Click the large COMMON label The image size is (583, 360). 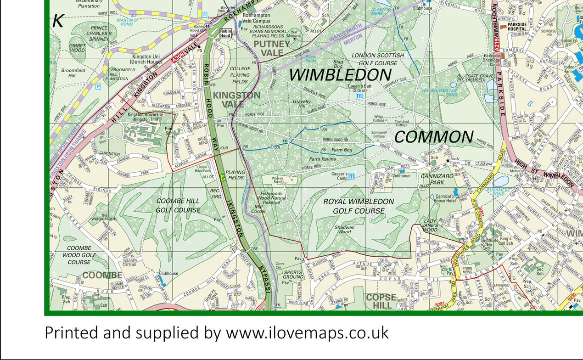pyautogui.click(x=434, y=137)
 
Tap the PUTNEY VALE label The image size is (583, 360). pyautogui.click(x=272, y=48)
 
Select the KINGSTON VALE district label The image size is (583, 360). pyautogui.click(x=237, y=100)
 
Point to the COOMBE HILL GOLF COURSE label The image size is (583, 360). pyautogui.click(x=178, y=205)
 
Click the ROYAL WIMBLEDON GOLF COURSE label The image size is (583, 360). pyautogui.click(x=359, y=206)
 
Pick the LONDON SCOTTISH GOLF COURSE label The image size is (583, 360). pyautogui.click(x=378, y=59)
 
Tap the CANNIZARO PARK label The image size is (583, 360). pyautogui.click(x=438, y=179)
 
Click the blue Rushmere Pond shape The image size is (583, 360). pyautogui.click(x=500, y=181)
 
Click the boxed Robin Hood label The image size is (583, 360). pyautogui.click(x=225, y=33)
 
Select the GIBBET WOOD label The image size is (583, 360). pyautogui.click(x=77, y=47)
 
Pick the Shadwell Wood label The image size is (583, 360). pyautogui.click(x=344, y=229)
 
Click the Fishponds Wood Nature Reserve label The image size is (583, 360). pyautogui.click(x=273, y=198)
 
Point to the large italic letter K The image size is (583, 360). pyautogui.click(x=58, y=20)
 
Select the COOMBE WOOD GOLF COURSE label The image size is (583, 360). pyautogui.click(x=79, y=255)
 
